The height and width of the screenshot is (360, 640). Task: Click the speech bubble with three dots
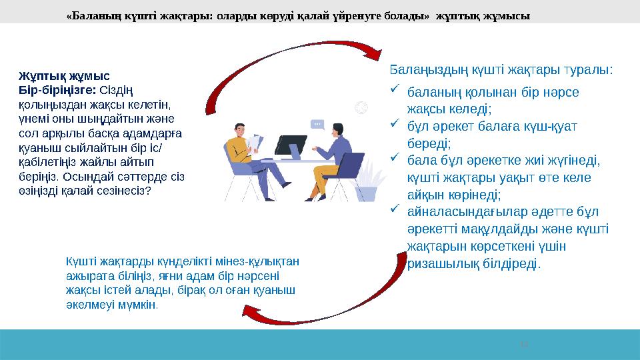(317, 124)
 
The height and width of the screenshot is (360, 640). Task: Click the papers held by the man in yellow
(254, 143)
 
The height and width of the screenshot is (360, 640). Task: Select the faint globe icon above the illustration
(361, 106)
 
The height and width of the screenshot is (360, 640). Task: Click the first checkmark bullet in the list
(395, 90)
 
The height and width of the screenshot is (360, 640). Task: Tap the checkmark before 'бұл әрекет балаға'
(395, 123)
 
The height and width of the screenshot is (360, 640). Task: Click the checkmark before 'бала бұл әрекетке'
(395, 159)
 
